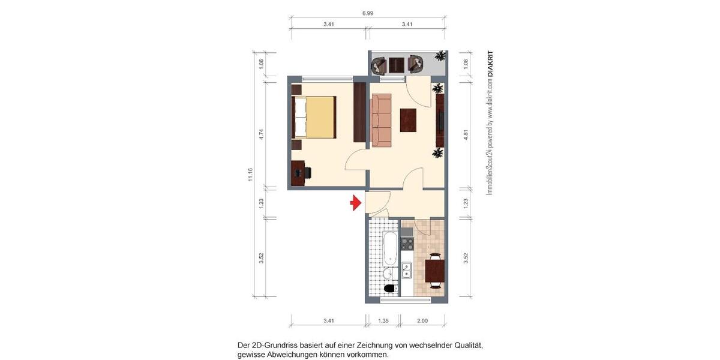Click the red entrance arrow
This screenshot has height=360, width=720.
click(355, 203)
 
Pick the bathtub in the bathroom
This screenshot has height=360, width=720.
click(389, 250)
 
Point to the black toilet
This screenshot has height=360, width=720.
click(390, 289)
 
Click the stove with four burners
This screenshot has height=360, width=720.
click(407, 244)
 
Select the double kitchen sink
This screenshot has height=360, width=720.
click(407, 271)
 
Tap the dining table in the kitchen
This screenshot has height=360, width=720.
click(434, 270)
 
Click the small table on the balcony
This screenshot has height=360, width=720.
click(397, 64)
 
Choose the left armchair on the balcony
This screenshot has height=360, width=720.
click(379, 64)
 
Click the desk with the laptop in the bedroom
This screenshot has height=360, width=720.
click(298, 173)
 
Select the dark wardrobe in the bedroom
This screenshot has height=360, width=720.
click(359, 113)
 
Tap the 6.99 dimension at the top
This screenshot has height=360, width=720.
click(367, 12)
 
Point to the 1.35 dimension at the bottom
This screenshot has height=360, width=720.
click(383, 321)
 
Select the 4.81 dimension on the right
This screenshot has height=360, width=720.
click(466, 134)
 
